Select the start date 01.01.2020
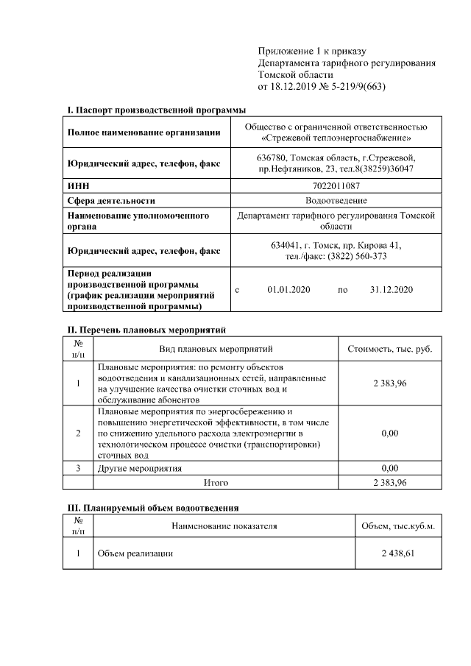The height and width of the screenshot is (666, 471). (289, 290)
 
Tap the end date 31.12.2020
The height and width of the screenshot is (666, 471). (392, 290)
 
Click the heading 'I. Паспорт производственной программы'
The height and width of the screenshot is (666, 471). (156, 110)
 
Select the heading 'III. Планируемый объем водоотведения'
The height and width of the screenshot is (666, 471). (154, 508)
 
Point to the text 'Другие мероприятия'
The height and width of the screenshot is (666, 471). (140, 468)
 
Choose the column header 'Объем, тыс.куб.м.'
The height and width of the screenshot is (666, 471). (398, 526)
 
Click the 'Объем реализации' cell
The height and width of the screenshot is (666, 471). (135, 553)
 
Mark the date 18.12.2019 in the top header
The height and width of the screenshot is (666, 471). (294, 87)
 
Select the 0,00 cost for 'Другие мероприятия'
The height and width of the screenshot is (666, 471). (389, 468)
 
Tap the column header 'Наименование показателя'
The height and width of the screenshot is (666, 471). (224, 526)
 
